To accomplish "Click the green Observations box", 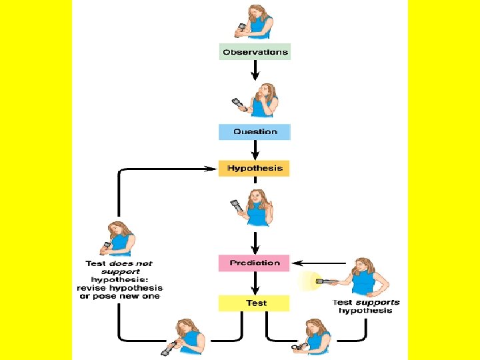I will tap(255, 52).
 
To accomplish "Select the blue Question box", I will tap(255, 132).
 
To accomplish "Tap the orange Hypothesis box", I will tap(255, 168).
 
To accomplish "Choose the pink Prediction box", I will tap(255, 263).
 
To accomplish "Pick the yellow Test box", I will tap(255, 303).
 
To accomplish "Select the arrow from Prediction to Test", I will tap(255, 283).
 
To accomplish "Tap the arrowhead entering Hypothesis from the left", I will tap(213, 169).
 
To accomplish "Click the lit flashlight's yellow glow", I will tap(308, 281).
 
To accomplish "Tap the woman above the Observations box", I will tap(257, 22).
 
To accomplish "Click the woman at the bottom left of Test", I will tap(188, 337).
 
